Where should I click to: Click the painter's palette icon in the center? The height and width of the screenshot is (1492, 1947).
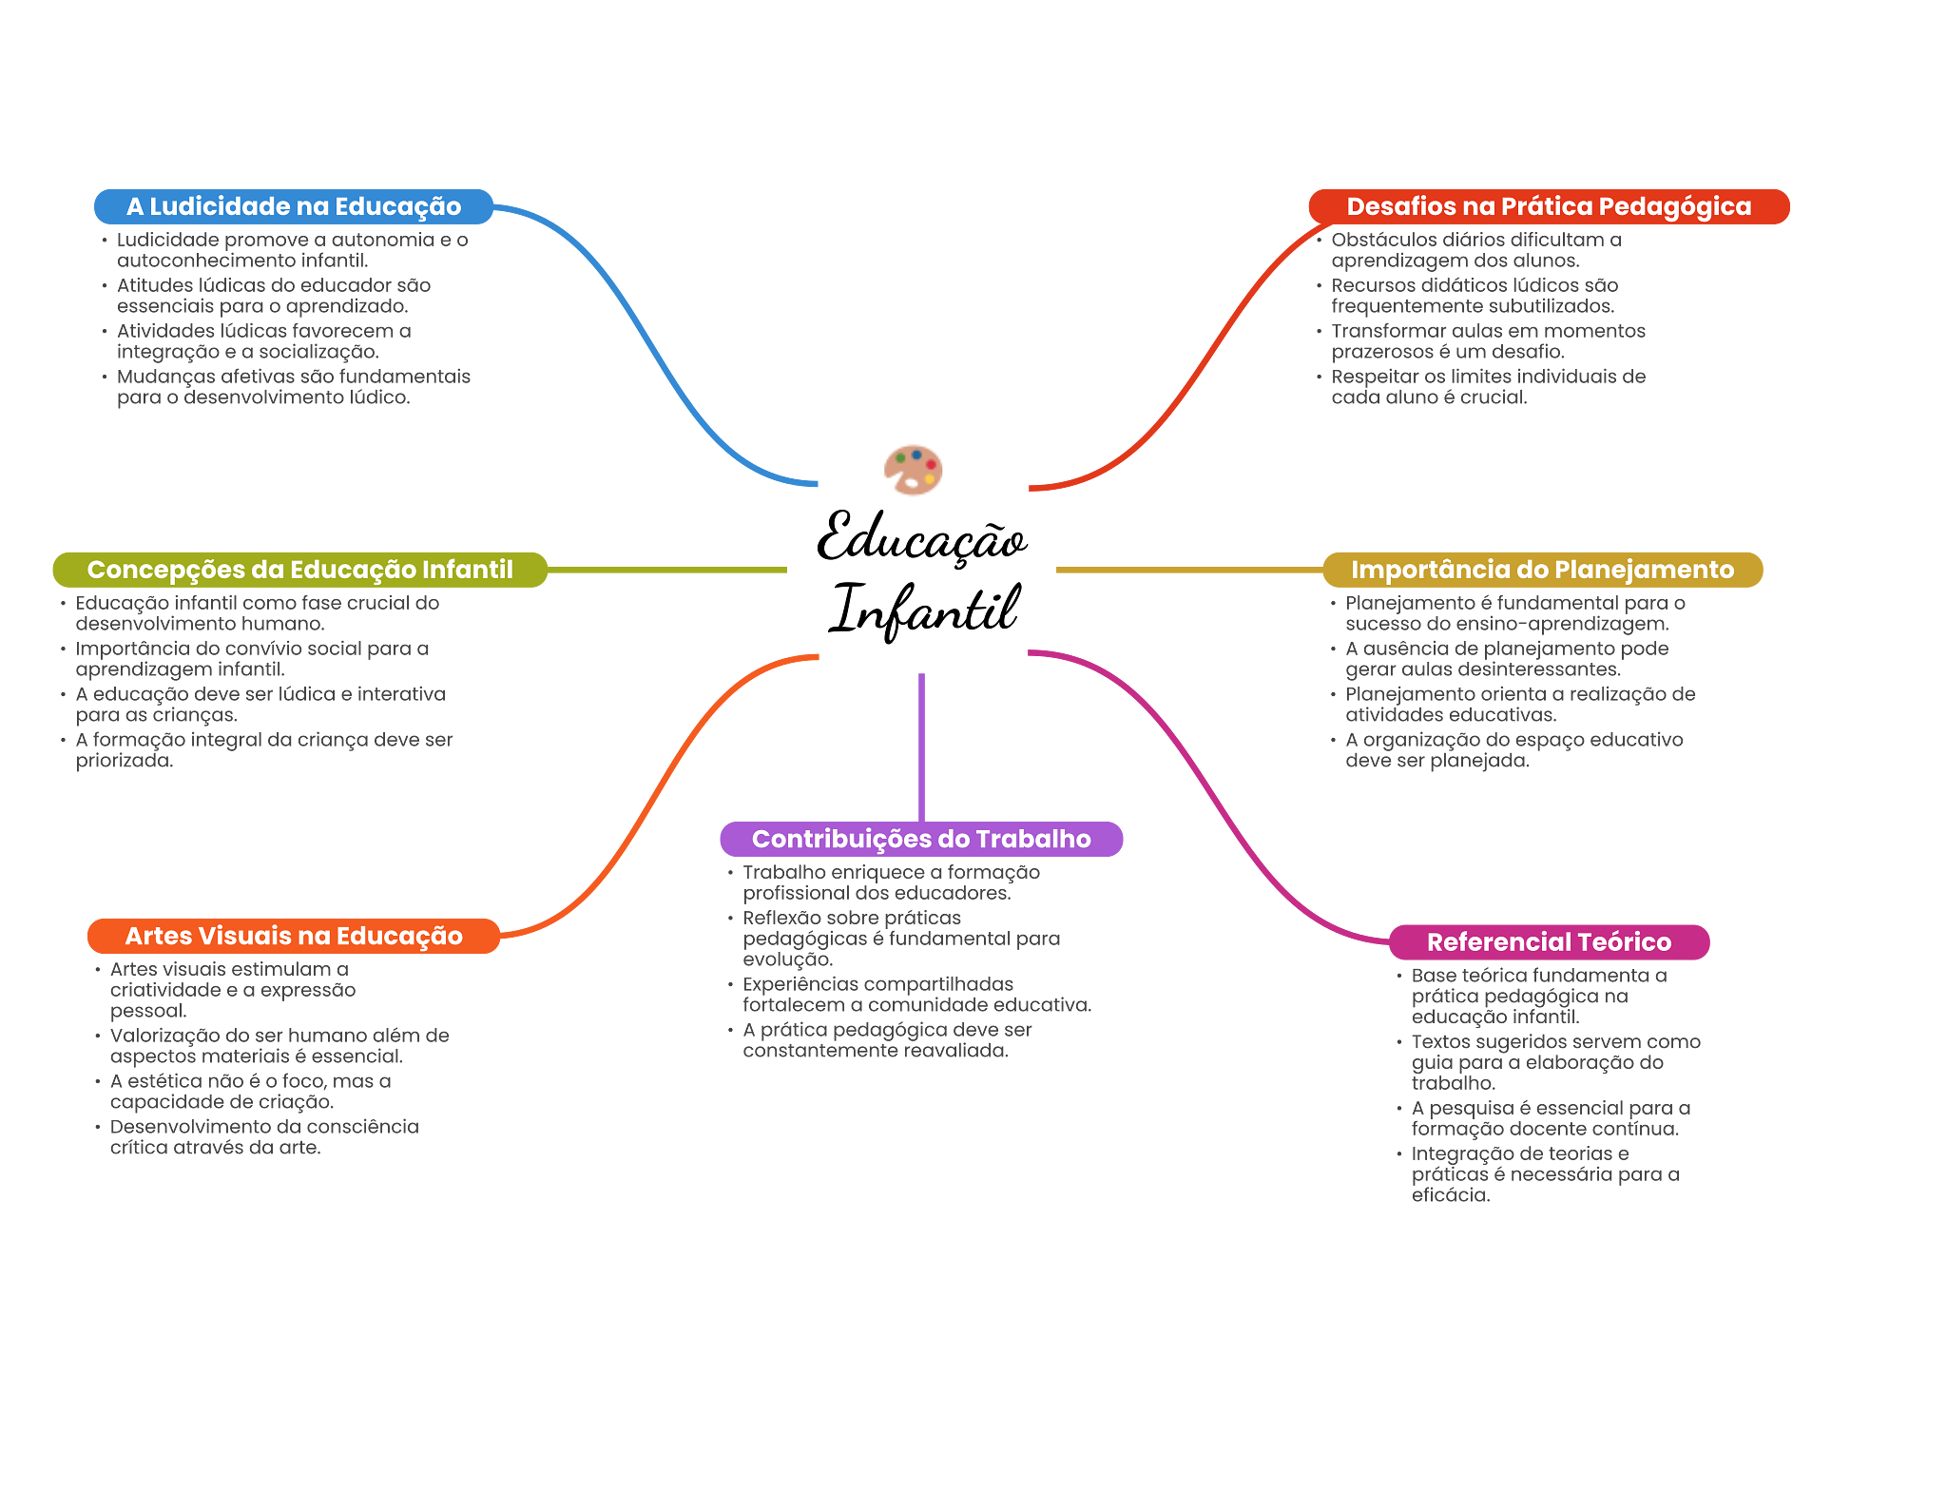click(x=914, y=470)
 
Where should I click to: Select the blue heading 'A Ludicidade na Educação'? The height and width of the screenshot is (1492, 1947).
click(x=294, y=206)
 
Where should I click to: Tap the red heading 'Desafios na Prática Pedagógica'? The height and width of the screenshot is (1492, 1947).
click(x=1549, y=206)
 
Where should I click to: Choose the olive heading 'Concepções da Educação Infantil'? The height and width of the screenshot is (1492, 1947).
click(x=299, y=570)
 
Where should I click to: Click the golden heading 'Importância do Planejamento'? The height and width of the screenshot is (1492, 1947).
click(x=1542, y=570)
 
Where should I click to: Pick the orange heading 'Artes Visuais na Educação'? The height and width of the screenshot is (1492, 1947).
click(x=294, y=936)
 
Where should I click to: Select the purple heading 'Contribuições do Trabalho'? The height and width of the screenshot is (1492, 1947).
click(x=921, y=839)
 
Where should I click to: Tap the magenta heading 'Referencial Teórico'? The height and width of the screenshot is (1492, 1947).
click(x=1549, y=941)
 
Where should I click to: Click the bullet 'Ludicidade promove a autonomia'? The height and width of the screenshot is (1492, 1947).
click(x=292, y=250)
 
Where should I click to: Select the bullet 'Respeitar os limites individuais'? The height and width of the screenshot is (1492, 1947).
click(x=1488, y=387)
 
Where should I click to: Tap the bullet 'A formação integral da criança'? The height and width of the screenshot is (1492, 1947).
click(x=264, y=750)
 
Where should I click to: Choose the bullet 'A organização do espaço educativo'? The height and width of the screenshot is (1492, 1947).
click(x=1513, y=750)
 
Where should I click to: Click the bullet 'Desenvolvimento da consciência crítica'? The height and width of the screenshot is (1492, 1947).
click(x=263, y=1137)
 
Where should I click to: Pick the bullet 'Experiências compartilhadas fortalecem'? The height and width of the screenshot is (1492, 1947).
click(x=916, y=995)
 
